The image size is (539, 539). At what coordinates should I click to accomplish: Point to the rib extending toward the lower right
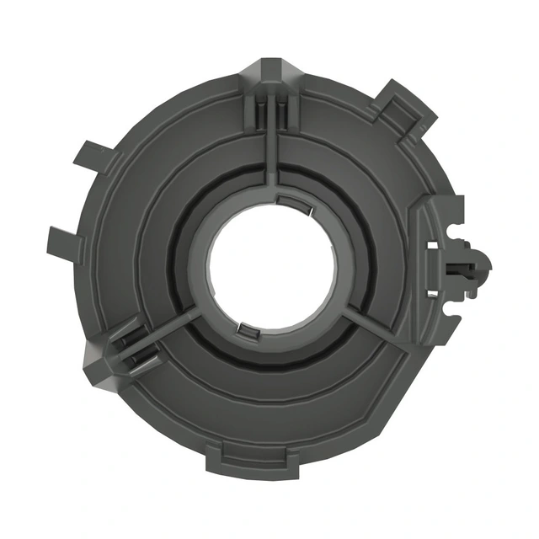[x=371, y=324]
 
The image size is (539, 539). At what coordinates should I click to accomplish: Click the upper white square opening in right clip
[x=433, y=245]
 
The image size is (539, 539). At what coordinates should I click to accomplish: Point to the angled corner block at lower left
[x=101, y=358]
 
